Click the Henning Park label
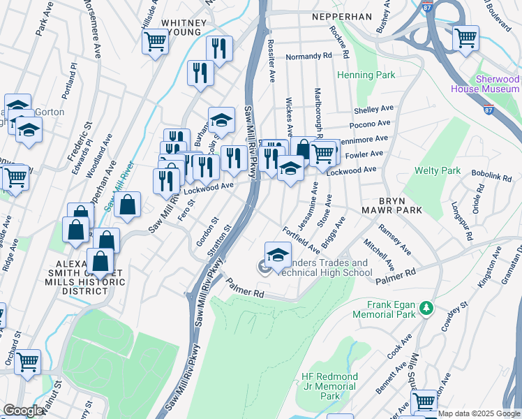[366, 75]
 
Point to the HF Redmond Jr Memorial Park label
[329, 386]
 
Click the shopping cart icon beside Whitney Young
[155, 41]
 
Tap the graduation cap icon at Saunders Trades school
[278, 255]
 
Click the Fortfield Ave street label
[301, 240]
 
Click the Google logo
[23, 411]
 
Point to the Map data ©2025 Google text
[479, 413]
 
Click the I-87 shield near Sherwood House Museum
[489, 110]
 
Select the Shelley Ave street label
[374, 110]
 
